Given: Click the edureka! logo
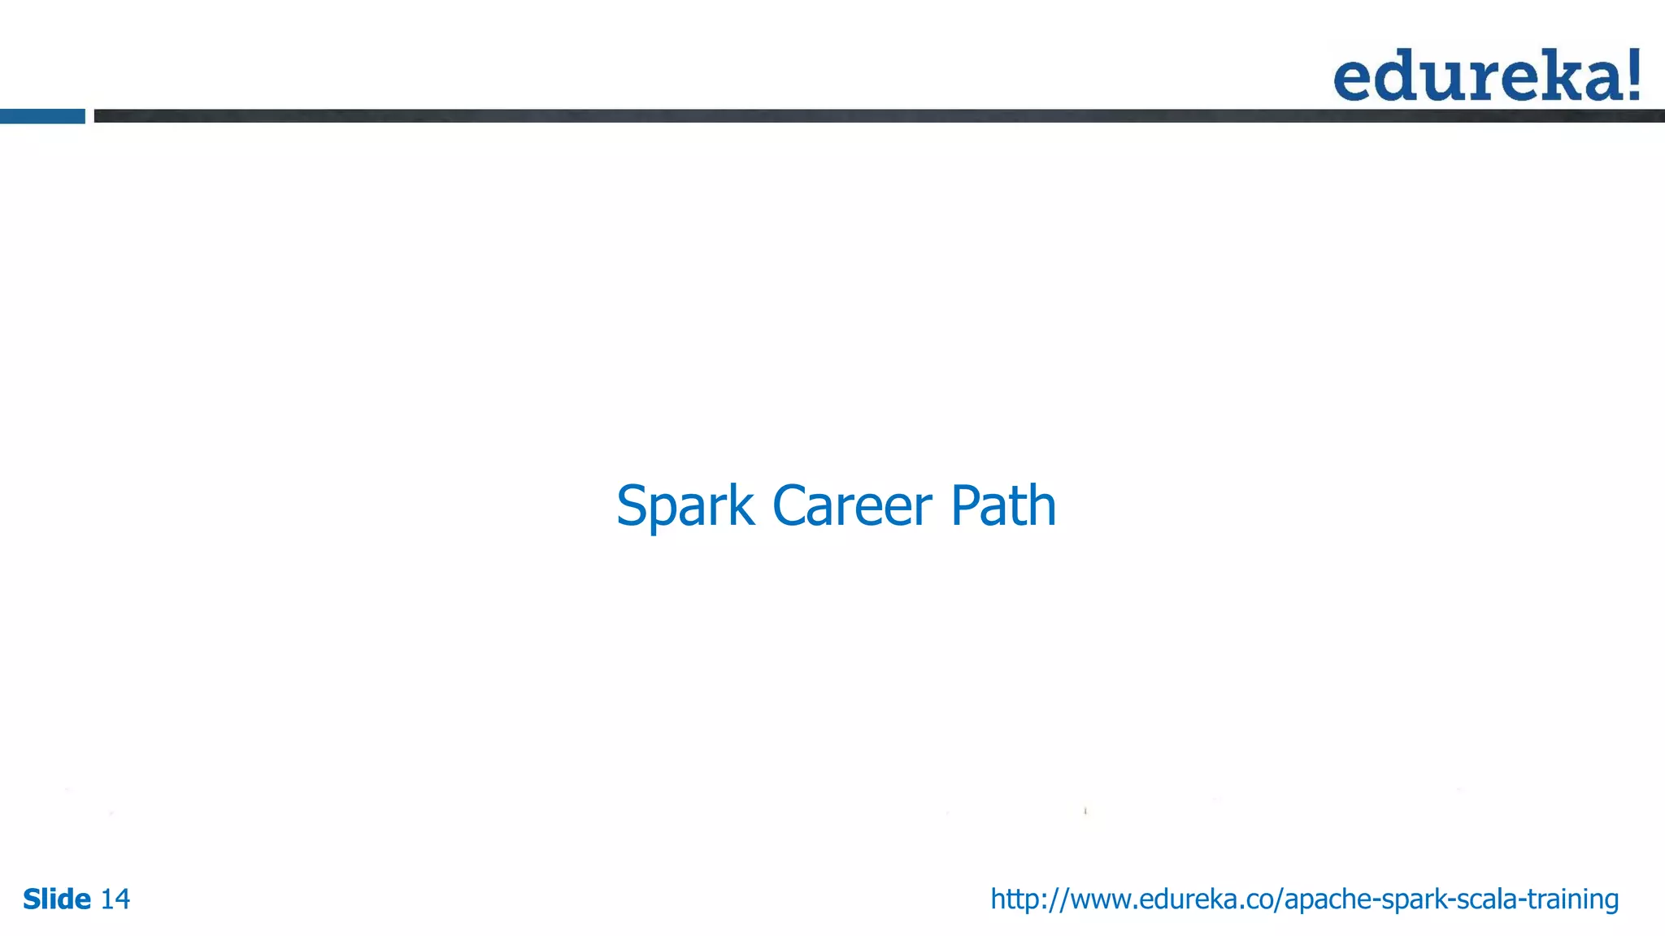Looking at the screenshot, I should tap(1486, 75).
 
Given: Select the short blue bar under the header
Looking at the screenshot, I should tap(42, 116).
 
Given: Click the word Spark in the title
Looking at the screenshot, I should tap(685, 506).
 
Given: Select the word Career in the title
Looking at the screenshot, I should tap(851, 506).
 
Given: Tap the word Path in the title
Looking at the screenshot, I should tap(1003, 506).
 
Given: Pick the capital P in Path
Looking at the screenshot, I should tap(964, 506).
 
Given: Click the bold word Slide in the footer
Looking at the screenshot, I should tap(57, 899).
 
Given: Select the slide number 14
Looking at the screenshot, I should tap(115, 899).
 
